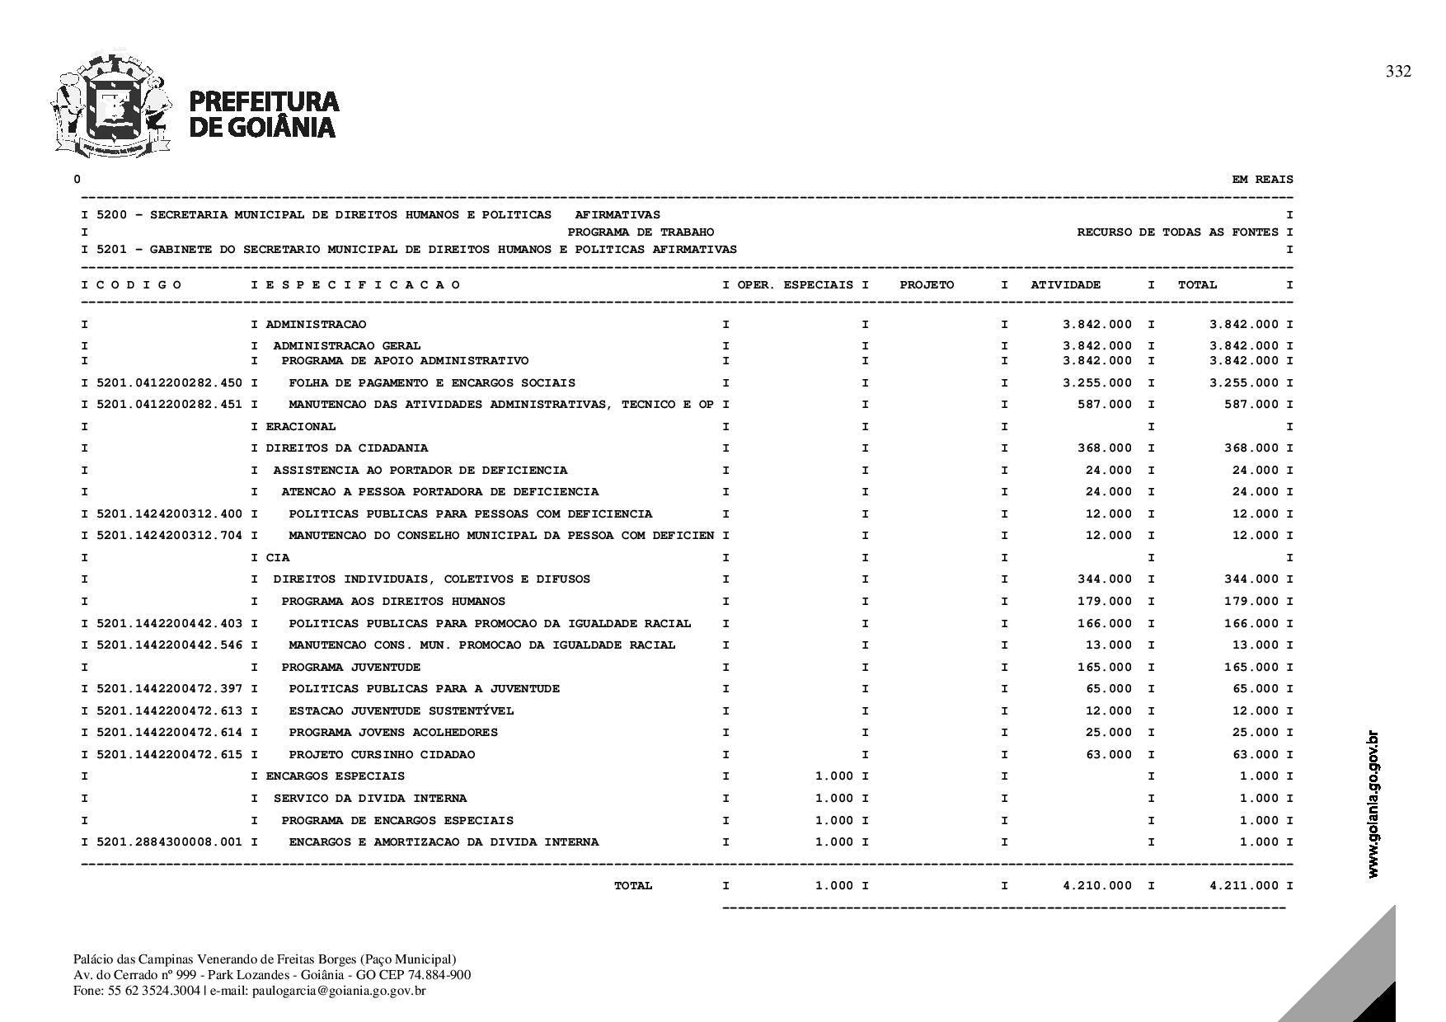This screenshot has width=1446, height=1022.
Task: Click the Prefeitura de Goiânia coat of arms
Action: coord(110,105)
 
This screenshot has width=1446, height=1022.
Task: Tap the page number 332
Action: coord(1398,72)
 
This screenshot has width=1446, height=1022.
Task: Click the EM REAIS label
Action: coord(1262,179)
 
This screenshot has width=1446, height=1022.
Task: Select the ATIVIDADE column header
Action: coord(1065,284)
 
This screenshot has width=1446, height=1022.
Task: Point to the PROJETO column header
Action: coord(927,284)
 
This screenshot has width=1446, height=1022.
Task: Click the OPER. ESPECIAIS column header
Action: coord(795,284)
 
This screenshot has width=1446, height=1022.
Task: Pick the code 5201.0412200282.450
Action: coord(169,382)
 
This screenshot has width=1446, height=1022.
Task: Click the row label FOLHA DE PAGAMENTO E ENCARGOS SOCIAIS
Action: coord(432,382)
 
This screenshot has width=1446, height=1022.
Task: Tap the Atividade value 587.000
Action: coord(1105,404)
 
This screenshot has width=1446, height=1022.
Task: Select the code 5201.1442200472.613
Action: coord(169,710)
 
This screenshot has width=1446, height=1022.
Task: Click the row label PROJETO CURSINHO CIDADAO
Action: coord(382,754)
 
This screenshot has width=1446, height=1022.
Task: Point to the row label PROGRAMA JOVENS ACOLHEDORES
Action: coord(393,732)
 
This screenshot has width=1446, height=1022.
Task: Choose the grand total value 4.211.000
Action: coord(1244,885)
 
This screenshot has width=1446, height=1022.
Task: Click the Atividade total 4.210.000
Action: coord(1096,885)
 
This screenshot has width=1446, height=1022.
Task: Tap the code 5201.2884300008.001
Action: coord(169,842)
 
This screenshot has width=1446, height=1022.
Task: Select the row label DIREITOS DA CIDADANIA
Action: coord(346,448)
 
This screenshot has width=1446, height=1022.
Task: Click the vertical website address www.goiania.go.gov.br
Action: coord(1373,804)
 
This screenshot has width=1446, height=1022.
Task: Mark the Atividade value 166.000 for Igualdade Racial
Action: coord(1105,623)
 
